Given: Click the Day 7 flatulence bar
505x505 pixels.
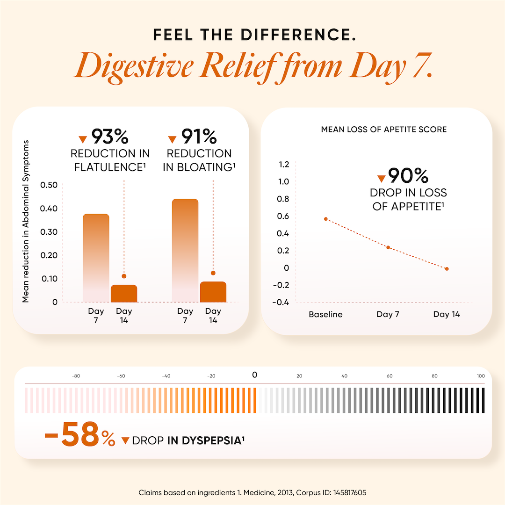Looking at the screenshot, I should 96,257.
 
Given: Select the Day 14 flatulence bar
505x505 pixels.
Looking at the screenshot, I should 124,293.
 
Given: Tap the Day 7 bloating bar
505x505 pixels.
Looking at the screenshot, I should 185,250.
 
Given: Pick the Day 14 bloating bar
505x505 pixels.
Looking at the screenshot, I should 213,291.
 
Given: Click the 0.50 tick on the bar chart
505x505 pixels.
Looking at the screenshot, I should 49,185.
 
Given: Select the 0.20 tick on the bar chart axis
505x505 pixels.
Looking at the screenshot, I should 49,255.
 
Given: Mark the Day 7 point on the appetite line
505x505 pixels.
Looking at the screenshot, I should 388,247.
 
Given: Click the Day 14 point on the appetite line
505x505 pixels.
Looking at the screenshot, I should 447,269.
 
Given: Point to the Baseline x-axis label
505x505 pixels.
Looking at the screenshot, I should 325,314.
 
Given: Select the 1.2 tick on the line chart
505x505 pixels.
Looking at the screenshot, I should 284,164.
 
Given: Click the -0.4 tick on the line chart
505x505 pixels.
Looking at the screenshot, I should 281,302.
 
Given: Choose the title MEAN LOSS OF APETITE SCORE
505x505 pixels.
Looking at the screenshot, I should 384,129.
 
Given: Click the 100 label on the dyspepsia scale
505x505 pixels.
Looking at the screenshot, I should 481,375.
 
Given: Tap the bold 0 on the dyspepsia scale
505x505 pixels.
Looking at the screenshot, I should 254,375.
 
